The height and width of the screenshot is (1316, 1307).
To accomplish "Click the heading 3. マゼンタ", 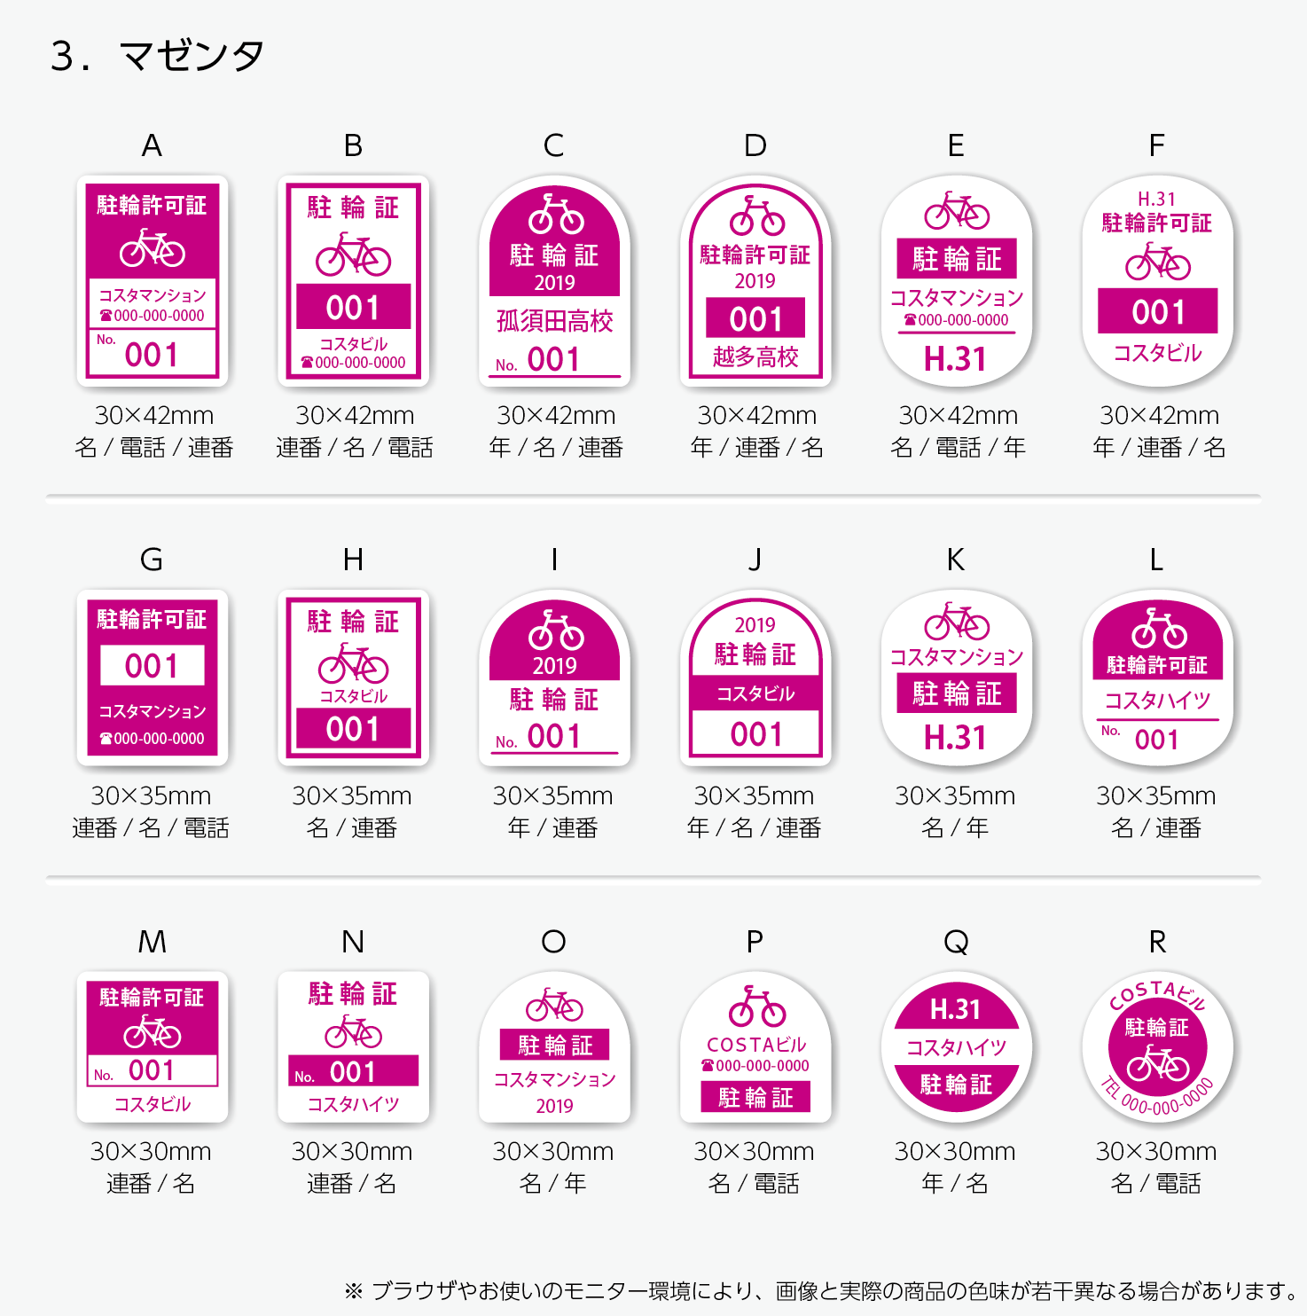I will pyautogui.click(x=157, y=56).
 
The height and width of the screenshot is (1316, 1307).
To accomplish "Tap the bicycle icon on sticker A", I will pyautogui.click(x=153, y=248).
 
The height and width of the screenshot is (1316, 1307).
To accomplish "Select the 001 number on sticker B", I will pyautogui.click(x=353, y=308).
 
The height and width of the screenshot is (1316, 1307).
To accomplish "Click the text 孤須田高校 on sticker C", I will pyautogui.click(x=554, y=321).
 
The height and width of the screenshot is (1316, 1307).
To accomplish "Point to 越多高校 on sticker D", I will pyautogui.click(x=755, y=356).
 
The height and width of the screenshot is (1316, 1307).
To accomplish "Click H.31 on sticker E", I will pyautogui.click(x=956, y=359).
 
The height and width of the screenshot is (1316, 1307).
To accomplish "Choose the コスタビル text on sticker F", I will pyautogui.click(x=1157, y=353).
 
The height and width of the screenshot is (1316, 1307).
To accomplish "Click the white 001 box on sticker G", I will pyautogui.click(x=152, y=665).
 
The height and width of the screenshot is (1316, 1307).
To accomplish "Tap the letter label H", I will pyautogui.click(x=353, y=560).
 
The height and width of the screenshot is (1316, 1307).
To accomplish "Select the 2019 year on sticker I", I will pyautogui.click(x=554, y=666).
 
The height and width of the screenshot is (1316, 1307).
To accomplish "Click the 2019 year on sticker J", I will pyautogui.click(x=755, y=625).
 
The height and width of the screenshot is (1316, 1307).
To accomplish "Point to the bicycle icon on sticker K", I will pyautogui.click(x=957, y=622).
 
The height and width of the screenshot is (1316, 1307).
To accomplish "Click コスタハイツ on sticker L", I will pyautogui.click(x=1157, y=701).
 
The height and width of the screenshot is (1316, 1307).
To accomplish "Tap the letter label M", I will pyautogui.click(x=152, y=942).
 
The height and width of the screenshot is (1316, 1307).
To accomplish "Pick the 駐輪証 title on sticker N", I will pyautogui.click(x=353, y=994).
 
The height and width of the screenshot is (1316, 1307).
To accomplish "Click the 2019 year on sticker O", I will pyautogui.click(x=554, y=1106).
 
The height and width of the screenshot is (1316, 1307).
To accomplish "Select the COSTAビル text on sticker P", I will pyautogui.click(x=756, y=1045).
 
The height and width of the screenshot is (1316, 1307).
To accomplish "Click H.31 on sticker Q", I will pyautogui.click(x=956, y=1009).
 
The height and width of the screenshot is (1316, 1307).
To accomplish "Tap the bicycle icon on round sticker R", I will pyautogui.click(x=1157, y=1063).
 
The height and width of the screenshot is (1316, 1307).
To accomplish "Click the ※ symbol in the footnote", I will pyautogui.click(x=354, y=1290).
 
